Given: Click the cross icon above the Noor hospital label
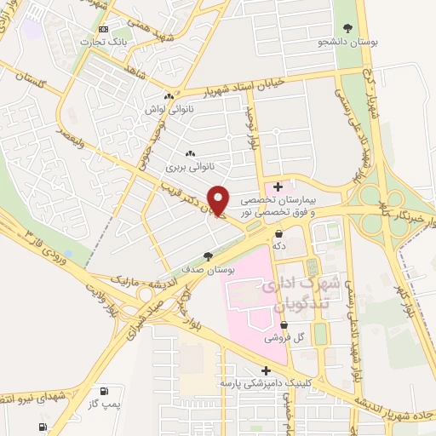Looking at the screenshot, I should click(x=278, y=186).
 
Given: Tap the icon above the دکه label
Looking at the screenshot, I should click(x=278, y=232).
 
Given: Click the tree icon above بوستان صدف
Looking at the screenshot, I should click(x=208, y=255).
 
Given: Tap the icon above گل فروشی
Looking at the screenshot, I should click(x=284, y=324).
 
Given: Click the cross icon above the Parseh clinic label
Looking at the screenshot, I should click(x=267, y=370).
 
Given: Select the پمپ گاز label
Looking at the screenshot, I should click(x=105, y=404).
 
